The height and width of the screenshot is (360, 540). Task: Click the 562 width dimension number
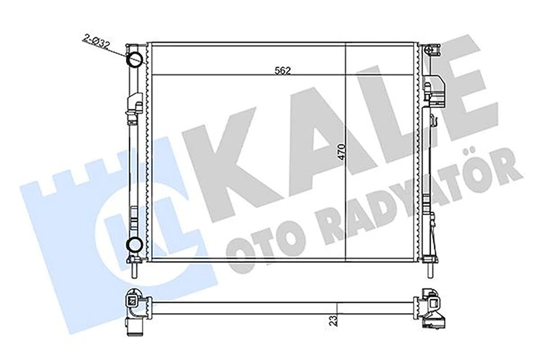click(282, 71)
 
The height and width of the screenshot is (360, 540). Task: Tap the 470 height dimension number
click(341, 152)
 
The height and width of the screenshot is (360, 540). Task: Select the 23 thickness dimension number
click(333, 321)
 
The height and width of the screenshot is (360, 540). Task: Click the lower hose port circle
click(134, 245)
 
